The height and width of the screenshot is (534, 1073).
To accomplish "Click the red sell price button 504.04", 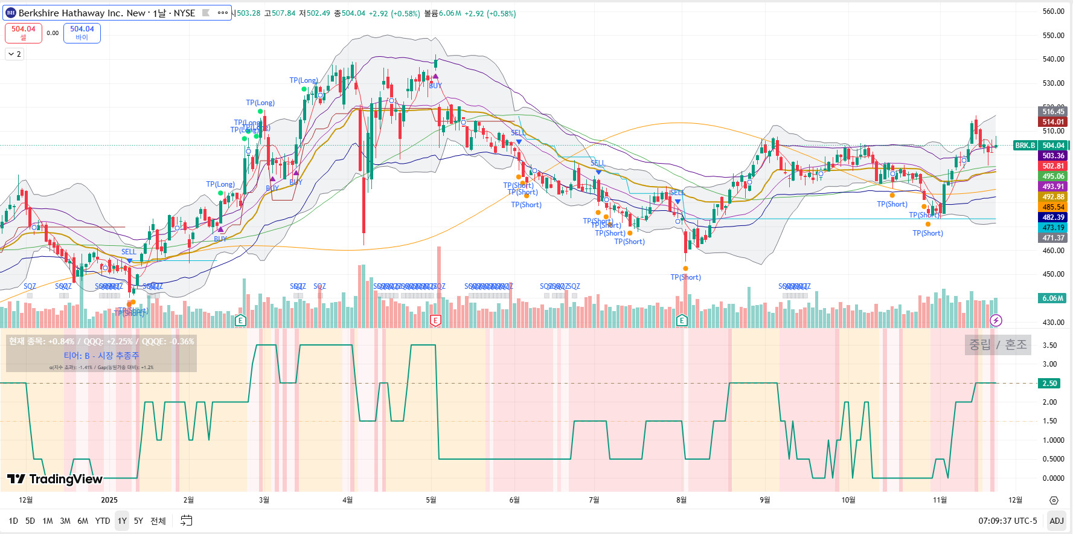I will click(x=24, y=33).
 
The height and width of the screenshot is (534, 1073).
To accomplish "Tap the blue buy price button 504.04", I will click(x=82, y=33).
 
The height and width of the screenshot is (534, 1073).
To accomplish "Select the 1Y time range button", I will click(x=122, y=521).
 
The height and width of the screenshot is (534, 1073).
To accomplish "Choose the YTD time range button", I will click(x=103, y=521).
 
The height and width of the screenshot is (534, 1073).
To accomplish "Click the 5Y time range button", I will click(x=138, y=521).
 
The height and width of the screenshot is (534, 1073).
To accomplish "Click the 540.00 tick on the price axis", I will click(x=1053, y=59).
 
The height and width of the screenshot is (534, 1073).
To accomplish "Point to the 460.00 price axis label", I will click(x=1053, y=250).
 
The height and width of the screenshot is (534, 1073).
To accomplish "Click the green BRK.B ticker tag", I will click(x=1025, y=146).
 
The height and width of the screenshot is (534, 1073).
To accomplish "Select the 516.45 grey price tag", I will click(x=1053, y=112).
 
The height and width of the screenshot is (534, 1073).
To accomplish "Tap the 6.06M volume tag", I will click(x=1052, y=298).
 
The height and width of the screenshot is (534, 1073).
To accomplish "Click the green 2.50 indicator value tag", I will click(x=1049, y=384).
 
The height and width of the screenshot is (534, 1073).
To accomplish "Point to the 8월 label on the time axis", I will click(x=681, y=500).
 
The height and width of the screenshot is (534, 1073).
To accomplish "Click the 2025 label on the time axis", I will click(x=109, y=500).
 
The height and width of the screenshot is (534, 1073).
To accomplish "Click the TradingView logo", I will click(x=55, y=479).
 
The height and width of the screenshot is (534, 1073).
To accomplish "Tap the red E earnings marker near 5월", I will click(x=435, y=320).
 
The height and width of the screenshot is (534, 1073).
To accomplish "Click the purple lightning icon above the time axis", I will click(x=996, y=320).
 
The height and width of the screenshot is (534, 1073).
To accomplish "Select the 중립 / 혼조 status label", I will click(x=998, y=344).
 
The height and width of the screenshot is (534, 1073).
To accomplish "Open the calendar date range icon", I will click(x=187, y=521).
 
